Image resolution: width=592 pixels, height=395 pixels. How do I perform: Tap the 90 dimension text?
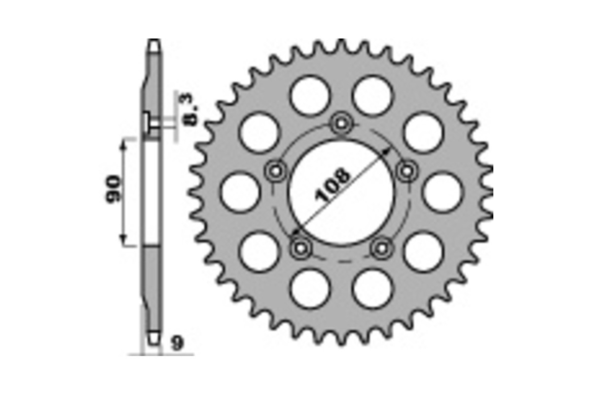click(113, 189)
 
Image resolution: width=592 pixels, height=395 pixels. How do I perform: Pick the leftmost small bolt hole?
click(275, 171)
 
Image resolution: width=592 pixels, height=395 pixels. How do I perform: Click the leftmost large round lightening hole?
click(240, 192)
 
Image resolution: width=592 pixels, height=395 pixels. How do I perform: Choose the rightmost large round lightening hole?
click(442, 192)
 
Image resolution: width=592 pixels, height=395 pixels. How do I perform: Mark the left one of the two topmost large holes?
click(309, 96)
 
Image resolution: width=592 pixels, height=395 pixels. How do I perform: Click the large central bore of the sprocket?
click(341, 193)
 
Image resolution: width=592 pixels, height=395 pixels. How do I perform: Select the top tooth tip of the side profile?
click(154, 42)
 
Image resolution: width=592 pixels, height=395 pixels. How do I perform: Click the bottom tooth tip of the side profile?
click(154, 342)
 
